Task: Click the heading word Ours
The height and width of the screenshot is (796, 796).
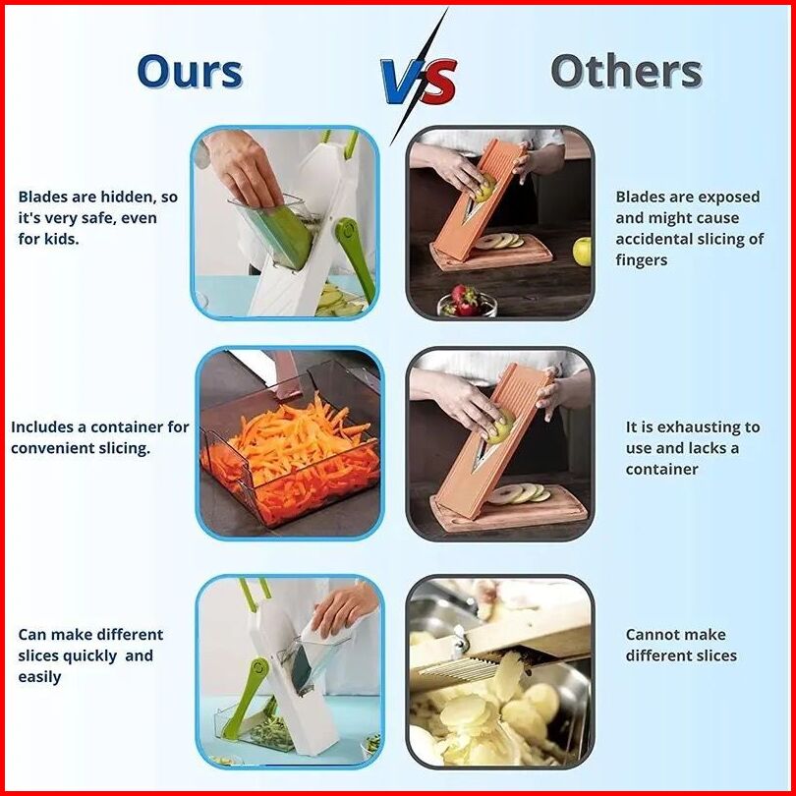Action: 190,72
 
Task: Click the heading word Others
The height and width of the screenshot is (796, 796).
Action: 626,71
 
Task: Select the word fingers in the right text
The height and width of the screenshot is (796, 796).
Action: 641,260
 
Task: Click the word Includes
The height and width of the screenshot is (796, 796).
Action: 41,426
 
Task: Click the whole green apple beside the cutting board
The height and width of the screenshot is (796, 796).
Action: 582,252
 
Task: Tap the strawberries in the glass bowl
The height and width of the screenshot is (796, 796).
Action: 464,300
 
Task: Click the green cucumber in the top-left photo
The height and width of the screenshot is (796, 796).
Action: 283,237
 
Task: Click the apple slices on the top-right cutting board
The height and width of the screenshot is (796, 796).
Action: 500,241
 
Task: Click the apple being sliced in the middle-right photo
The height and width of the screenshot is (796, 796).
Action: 501,427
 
